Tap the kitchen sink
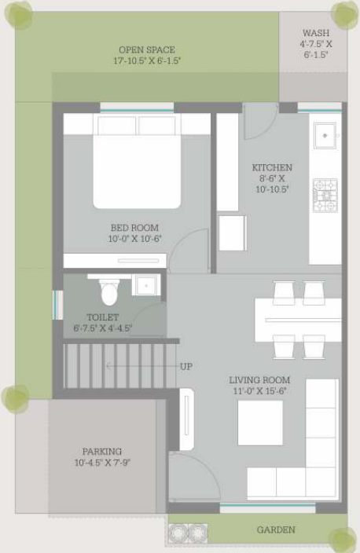pyautogui.click(x=324, y=135)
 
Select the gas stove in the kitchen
pyautogui.click(x=325, y=196)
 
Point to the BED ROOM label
pyautogui.click(x=134, y=228)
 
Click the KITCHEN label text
pyautogui.click(x=272, y=167)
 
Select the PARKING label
pyautogui.click(x=102, y=452)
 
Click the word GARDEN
pyautogui.click(x=277, y=530)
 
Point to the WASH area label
pyautogui.click(x=316, y=34)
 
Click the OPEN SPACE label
pyautogui.click(x=147, y=49)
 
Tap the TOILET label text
pyautogui.click(x=103, y=317)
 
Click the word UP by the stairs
pyautogui.click(x=186, y=366)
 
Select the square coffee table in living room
pyautogui.click(x=260, y=423)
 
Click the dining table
pyautogui.click(x=298, y=320)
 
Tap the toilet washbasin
pyautogui.click(x=145, y=284)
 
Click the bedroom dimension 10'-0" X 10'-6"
pyautogui.click(x=134, y=239)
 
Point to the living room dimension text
pyautogui.click(x=259, y=390)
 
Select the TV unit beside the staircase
pyautogui.click(x=186, y=419)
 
